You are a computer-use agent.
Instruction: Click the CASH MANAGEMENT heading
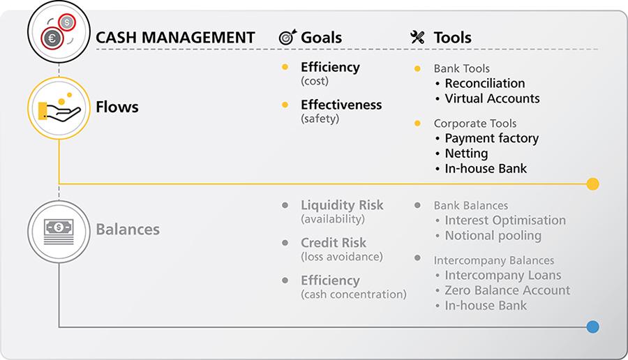coord(175,38)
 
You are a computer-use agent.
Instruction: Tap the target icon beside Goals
coord(287,38)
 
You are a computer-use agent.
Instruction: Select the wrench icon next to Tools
coord(417,38)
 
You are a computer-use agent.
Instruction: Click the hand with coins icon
coord(59,108)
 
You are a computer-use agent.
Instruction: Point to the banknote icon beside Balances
coord(59,228)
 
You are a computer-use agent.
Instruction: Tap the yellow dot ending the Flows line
coord(592,184)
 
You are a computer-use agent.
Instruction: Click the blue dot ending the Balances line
coord(592,327)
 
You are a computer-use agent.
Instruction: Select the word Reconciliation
coord(485,84)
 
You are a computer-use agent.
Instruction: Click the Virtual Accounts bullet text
coord(492,98)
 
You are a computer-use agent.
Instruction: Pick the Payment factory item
coord(491,138)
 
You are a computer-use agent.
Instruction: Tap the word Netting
coord(466,153)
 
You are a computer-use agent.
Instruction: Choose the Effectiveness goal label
coord(341,105)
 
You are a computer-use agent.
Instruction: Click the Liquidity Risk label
coord(342,205)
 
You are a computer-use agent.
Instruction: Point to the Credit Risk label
coord(333,243)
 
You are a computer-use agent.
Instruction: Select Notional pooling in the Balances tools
coord(493,235)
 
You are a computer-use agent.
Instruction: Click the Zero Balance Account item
coord(507,290)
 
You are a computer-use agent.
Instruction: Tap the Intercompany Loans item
coord(502,275)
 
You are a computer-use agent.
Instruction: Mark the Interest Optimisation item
coord(505,220)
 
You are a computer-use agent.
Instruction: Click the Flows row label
coord(117,107)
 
